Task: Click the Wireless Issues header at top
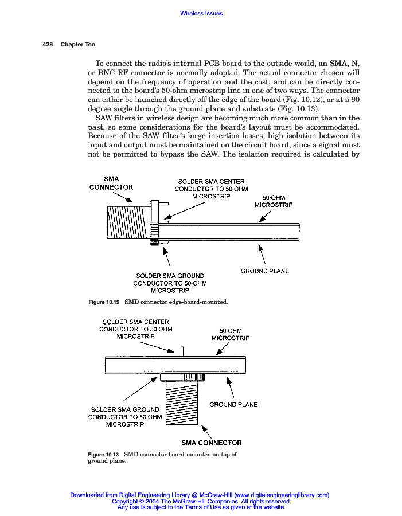coord(201,13)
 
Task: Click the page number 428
coord(48,45)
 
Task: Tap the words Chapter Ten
coord(78,45)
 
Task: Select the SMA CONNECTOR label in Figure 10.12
coord(111,183)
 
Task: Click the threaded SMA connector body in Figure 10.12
coord(128,224)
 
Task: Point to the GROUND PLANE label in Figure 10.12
coord(264,271)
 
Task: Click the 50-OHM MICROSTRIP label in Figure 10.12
coord(274,201)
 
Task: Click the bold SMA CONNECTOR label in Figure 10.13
coord(212,443)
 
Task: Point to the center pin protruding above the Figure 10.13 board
coord(182,351)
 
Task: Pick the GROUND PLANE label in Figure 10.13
coord(233,405)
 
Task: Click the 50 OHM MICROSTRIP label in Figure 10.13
coord(231,334)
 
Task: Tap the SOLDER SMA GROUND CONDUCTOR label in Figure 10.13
coord(124,417)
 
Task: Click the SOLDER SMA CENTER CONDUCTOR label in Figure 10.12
coord(210,189)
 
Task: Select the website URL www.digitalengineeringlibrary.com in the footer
coord(282,495)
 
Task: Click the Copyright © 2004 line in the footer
coord(201,501)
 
